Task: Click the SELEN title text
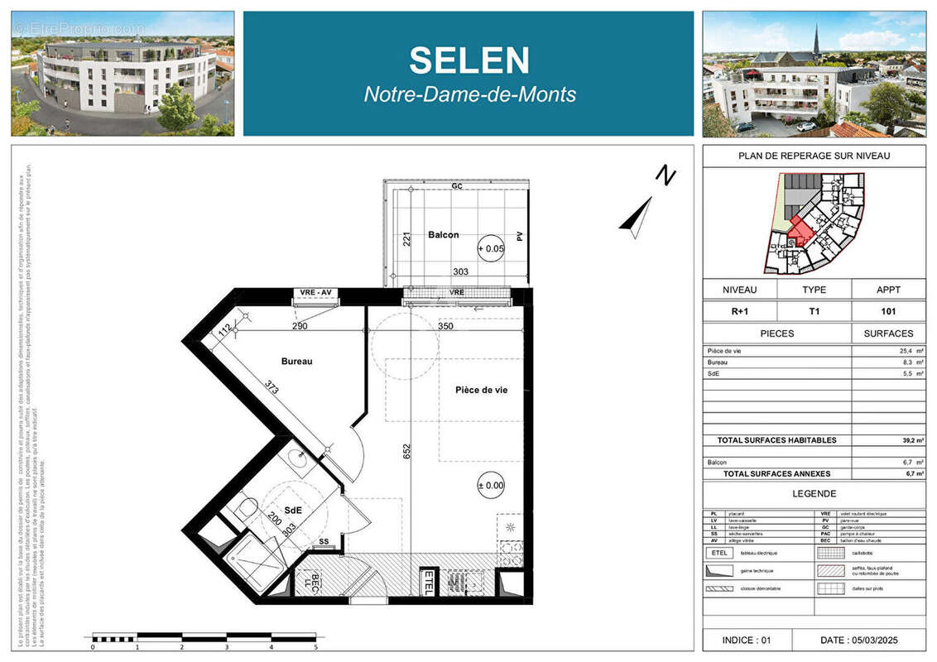click(468, 60)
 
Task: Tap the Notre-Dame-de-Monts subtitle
click(469, 94)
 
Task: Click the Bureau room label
click(296, 362)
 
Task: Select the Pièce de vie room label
click(481, 390)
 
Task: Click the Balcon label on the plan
click(443, 235)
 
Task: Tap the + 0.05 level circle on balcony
click(490, 248)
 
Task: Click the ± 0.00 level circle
click(490, 486)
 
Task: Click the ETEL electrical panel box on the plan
click(428, 582)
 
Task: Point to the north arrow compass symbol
click(639, 217)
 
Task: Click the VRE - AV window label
click(315, 293)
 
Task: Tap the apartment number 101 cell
click(888, 312)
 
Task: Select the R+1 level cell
click(739, 312)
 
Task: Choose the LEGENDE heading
click(814, 493)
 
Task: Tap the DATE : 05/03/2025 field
click(858, 640)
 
